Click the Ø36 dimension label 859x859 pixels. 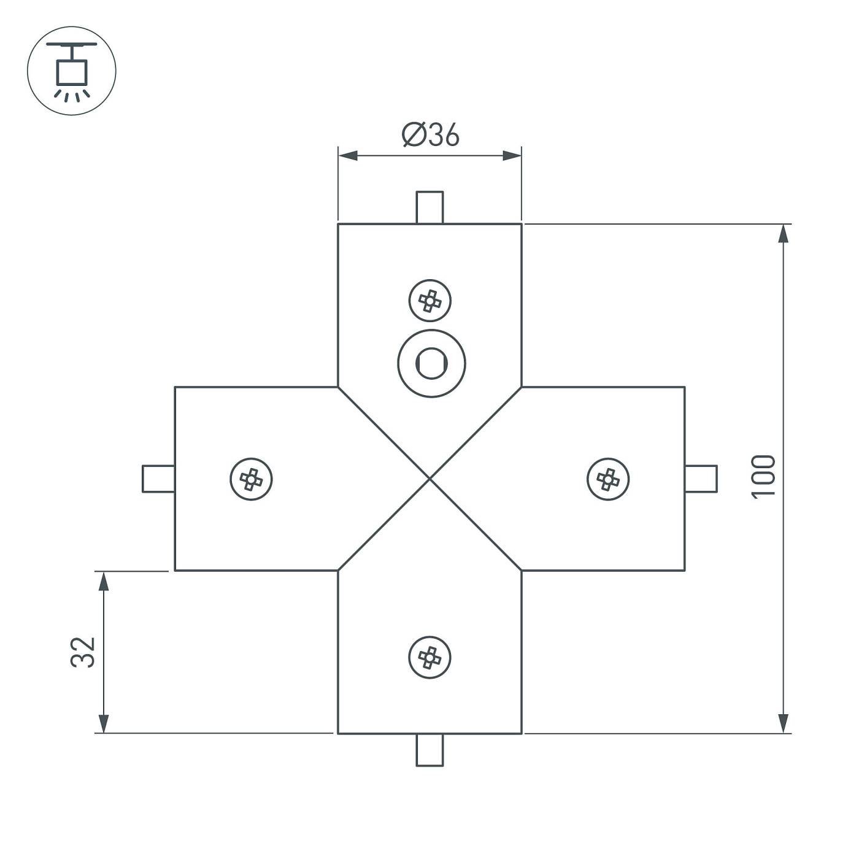[430, 135]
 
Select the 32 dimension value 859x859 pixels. [83, 652]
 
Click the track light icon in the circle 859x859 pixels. [72, 71]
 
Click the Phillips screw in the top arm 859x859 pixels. [430, 301]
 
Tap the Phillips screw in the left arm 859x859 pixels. [251, 479]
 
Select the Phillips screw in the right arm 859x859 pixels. [608, 479]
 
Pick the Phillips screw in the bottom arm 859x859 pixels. [430, 657]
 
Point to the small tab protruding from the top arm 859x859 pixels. [429, 207]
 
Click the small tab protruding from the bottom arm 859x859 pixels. [429, 750]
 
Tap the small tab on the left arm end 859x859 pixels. [158, 479]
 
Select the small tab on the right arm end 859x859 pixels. [701, 479]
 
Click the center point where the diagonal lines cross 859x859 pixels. [430, 479]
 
